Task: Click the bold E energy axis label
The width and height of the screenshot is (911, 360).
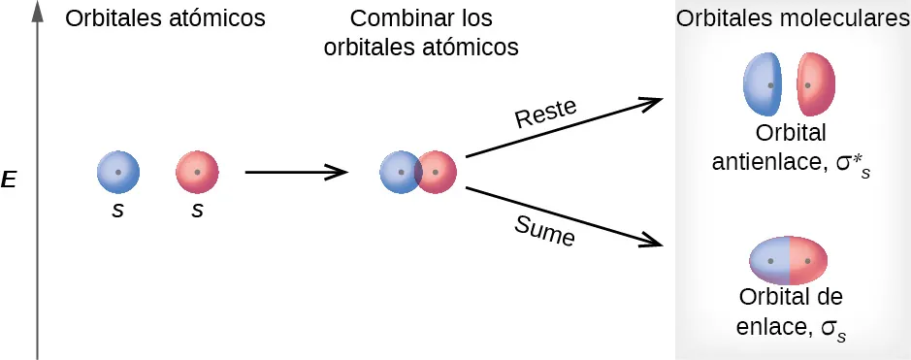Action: pos(9,180)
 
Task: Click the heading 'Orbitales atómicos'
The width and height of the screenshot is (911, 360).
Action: pos(165,19)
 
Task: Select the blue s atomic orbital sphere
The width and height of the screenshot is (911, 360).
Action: pos(118,173)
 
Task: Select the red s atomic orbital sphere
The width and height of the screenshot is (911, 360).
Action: pos(197,173)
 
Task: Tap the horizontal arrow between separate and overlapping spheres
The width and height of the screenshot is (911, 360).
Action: pos(296,173)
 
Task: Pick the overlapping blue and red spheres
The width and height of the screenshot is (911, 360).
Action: pos(418,173)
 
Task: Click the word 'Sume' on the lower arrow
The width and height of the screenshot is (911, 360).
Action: pos(544,231)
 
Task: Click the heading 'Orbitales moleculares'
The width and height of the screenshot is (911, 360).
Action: pos(793,19)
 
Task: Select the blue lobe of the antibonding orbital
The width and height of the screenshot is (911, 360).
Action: pos(763,84)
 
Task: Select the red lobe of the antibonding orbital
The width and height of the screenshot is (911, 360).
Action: pos(817,84)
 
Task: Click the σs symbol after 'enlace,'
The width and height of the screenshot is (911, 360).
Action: pos(833,328)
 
